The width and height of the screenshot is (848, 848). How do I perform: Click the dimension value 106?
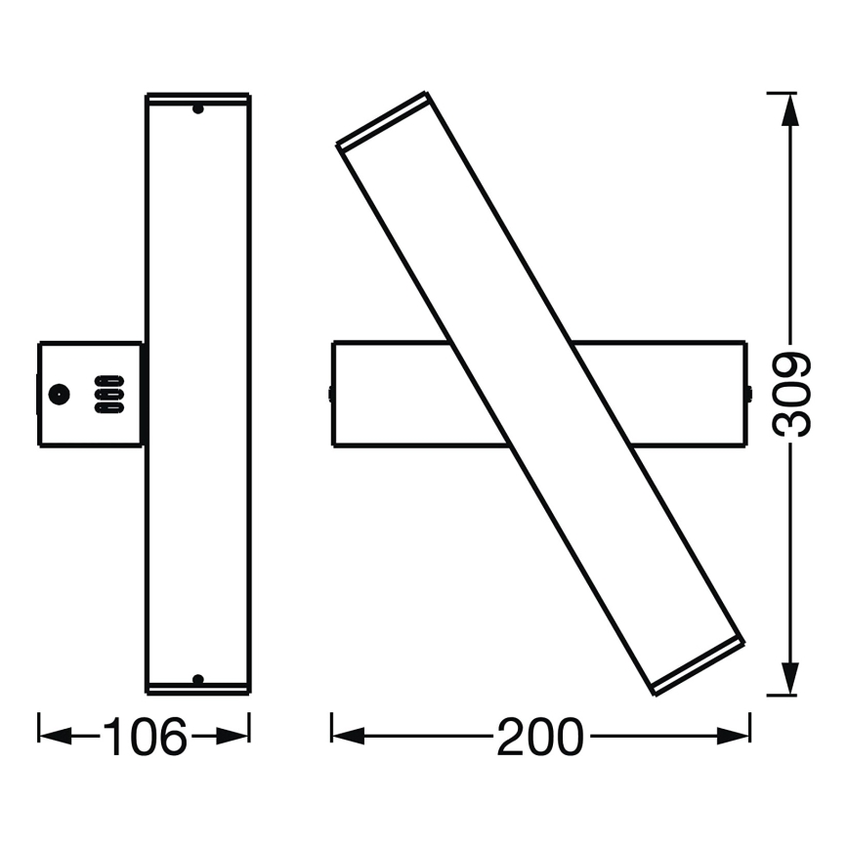[x=145, y=737]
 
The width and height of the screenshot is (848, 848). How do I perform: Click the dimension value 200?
[x=539, y=737]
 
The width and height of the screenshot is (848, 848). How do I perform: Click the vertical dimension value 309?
[x=792, y=393]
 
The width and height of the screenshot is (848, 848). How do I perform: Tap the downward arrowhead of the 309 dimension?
[x=791, y=679]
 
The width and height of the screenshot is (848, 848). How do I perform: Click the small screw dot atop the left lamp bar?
[x=197, y=108]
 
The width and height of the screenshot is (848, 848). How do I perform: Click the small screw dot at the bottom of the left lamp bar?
[x=197, y=678]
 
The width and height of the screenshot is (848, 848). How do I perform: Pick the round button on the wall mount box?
[x=59, y=395]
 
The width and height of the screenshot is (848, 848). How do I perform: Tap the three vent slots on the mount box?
[x=108, y=394]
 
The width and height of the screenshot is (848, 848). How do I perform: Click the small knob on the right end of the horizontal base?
[x=748, y=394]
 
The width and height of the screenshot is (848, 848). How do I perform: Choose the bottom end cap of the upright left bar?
[x=197, y=688]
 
